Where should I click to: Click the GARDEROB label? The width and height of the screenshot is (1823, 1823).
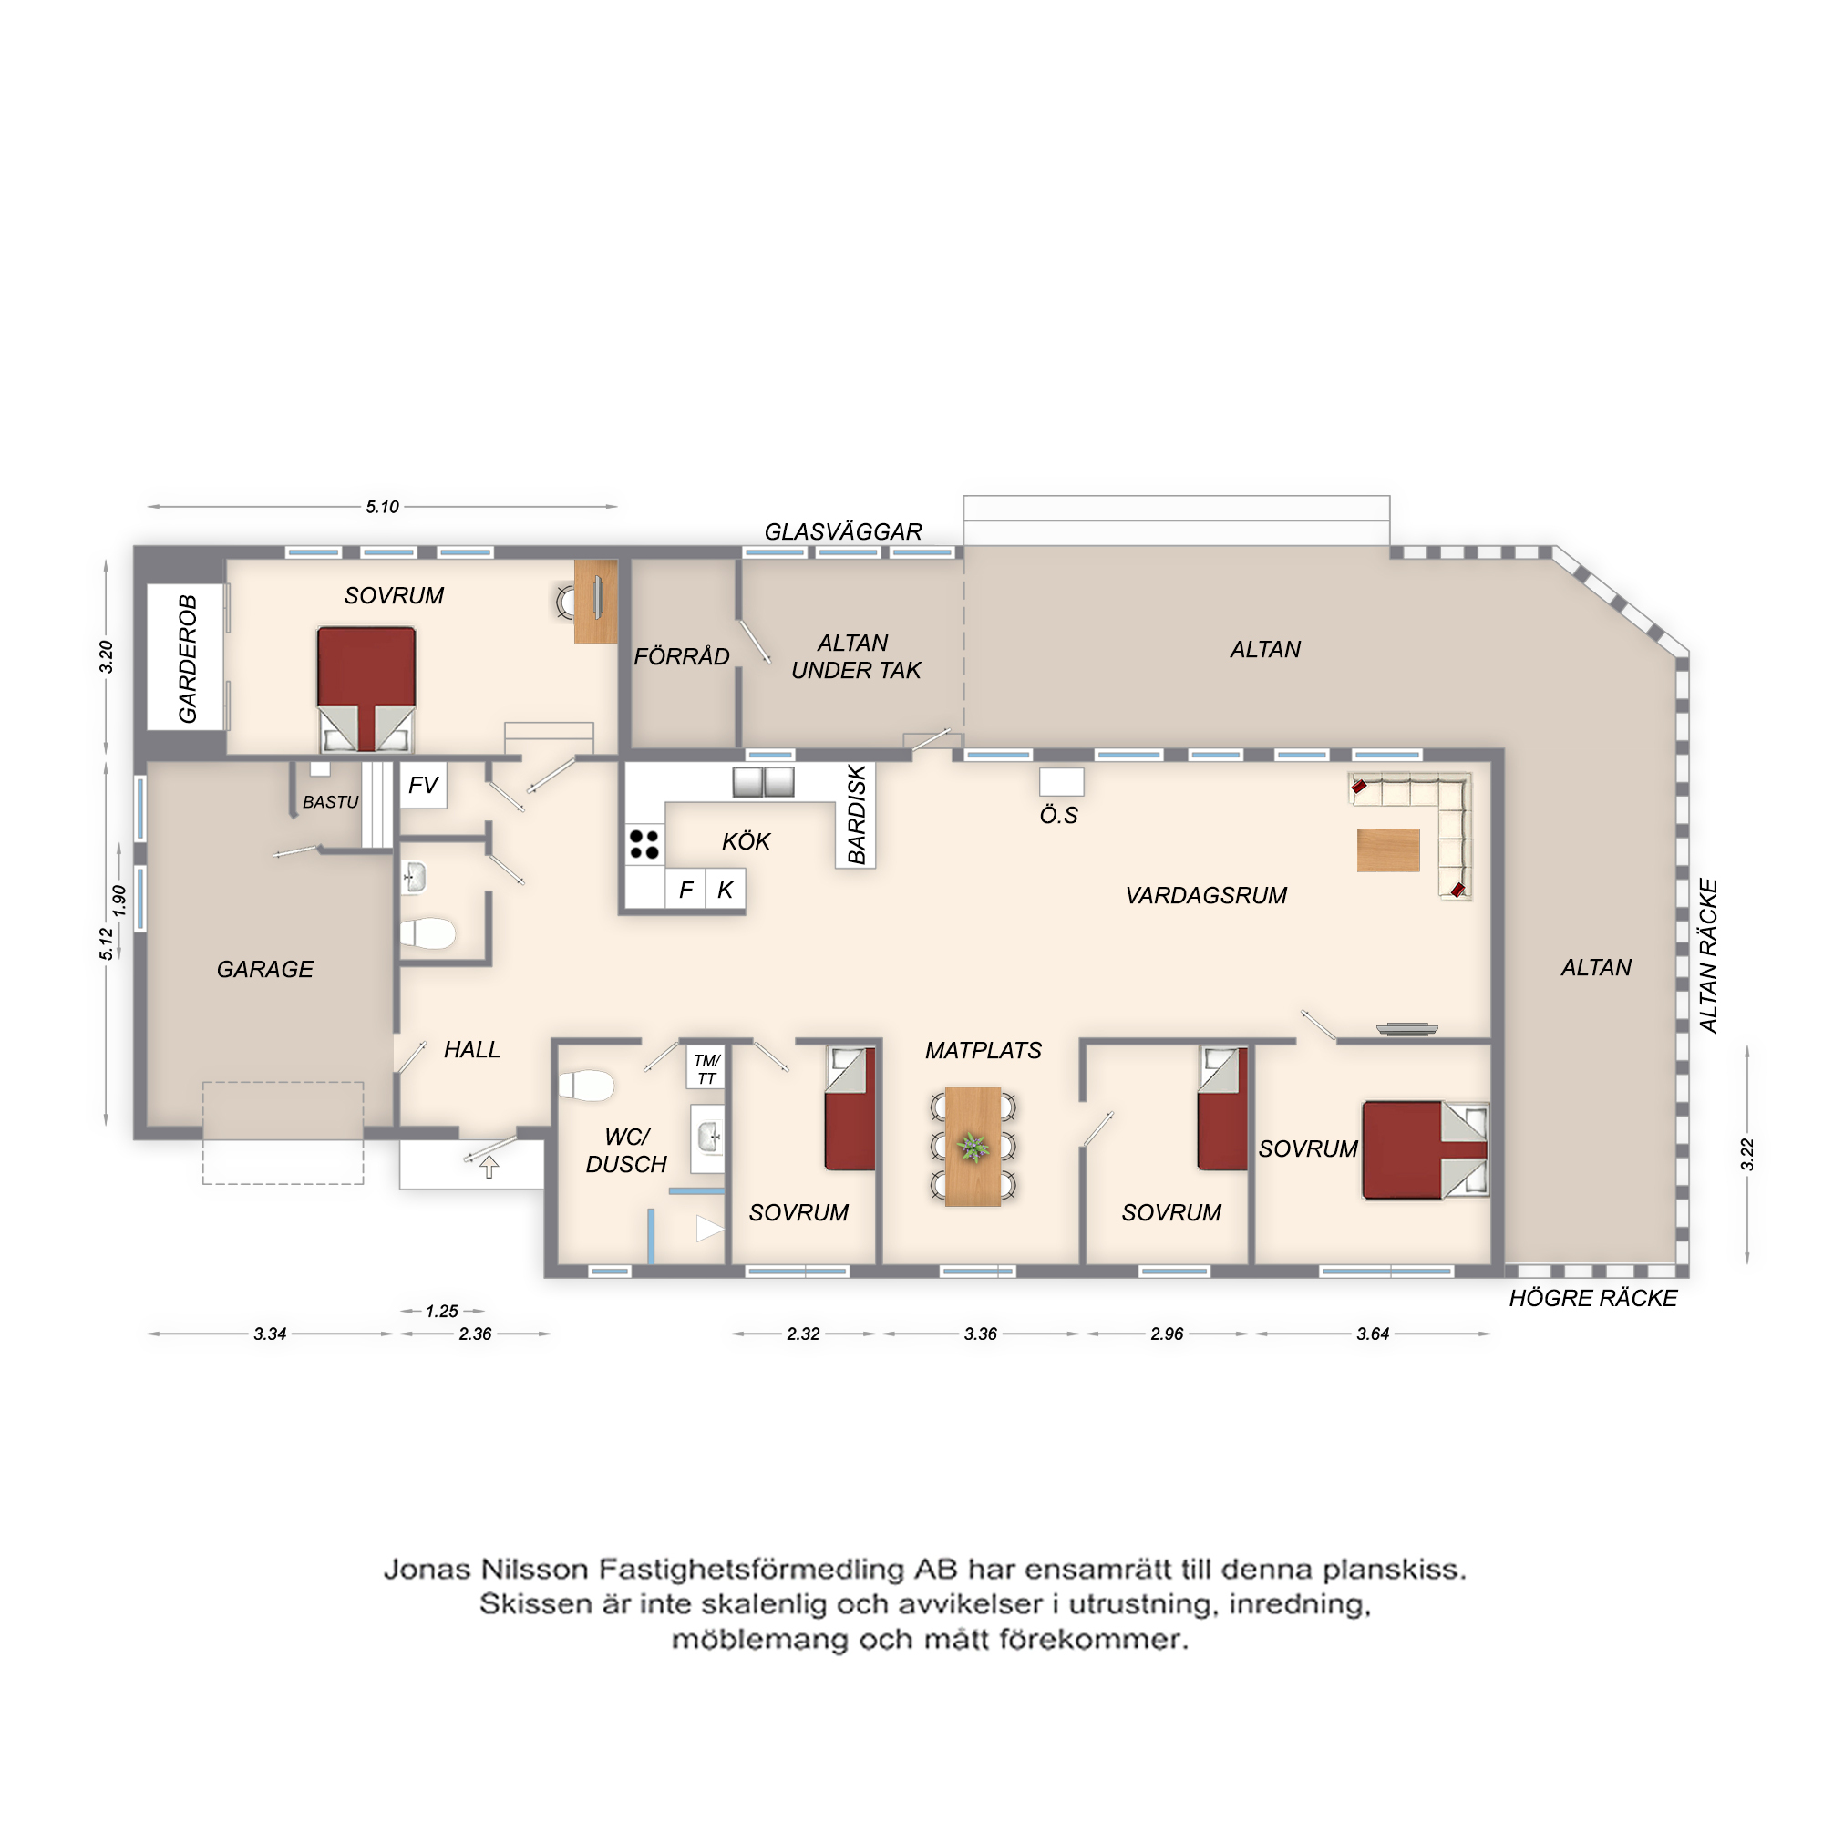point(188,659)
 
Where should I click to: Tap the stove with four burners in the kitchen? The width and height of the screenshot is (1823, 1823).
point(644,845)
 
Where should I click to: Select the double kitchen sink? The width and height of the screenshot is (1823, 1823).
point(763,782)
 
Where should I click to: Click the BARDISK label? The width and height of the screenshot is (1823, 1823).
point(857,813)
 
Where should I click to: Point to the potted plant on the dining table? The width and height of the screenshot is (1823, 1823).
point(973,1147)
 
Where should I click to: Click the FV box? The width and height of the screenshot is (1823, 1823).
point(423,785)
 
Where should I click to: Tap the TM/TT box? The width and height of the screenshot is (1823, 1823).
point(706,1069)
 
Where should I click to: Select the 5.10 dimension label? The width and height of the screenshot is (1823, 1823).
point(382,507)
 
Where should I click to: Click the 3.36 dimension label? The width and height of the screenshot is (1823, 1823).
point(981,1334)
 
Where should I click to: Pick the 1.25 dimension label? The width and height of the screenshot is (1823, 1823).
point(441,1311)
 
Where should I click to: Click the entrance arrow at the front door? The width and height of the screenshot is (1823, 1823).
point(489,1168)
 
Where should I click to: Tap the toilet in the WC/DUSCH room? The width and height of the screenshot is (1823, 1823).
point(586,1085)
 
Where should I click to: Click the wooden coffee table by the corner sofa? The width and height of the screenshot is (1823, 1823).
point(1388,850)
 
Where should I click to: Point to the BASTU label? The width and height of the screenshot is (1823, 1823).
point(330,802)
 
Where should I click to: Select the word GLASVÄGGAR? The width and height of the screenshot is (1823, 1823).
point(842,531)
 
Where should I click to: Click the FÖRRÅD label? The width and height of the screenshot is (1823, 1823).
point(681,655)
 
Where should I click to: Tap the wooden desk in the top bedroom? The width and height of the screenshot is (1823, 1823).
point(596,601)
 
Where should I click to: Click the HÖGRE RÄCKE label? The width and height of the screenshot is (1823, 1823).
point(1592,1297)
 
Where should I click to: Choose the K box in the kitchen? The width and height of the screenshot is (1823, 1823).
point(725,889)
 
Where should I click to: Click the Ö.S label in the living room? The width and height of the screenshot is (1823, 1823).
point(1058,815)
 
